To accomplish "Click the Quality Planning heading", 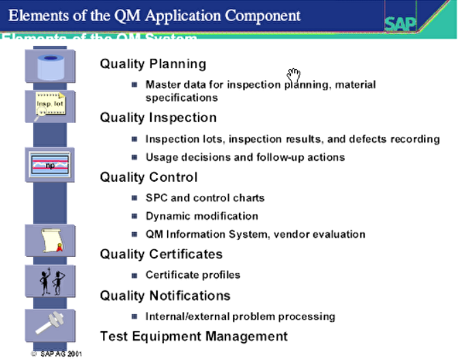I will point(153,64).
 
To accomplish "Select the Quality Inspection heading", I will point(158,117).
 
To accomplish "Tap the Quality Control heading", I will point(148,177).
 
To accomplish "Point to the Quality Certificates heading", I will point(161,254).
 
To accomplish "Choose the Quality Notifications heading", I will point(165,296).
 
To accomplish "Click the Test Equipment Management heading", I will point(193,336).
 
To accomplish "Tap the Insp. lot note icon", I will point(49,105).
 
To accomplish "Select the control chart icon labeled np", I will point(49,164).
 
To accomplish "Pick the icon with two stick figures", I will point(49,281).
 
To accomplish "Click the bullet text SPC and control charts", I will point(205,198).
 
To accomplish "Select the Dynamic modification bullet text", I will point(201,216).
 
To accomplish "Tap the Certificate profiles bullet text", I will point(193,275).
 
